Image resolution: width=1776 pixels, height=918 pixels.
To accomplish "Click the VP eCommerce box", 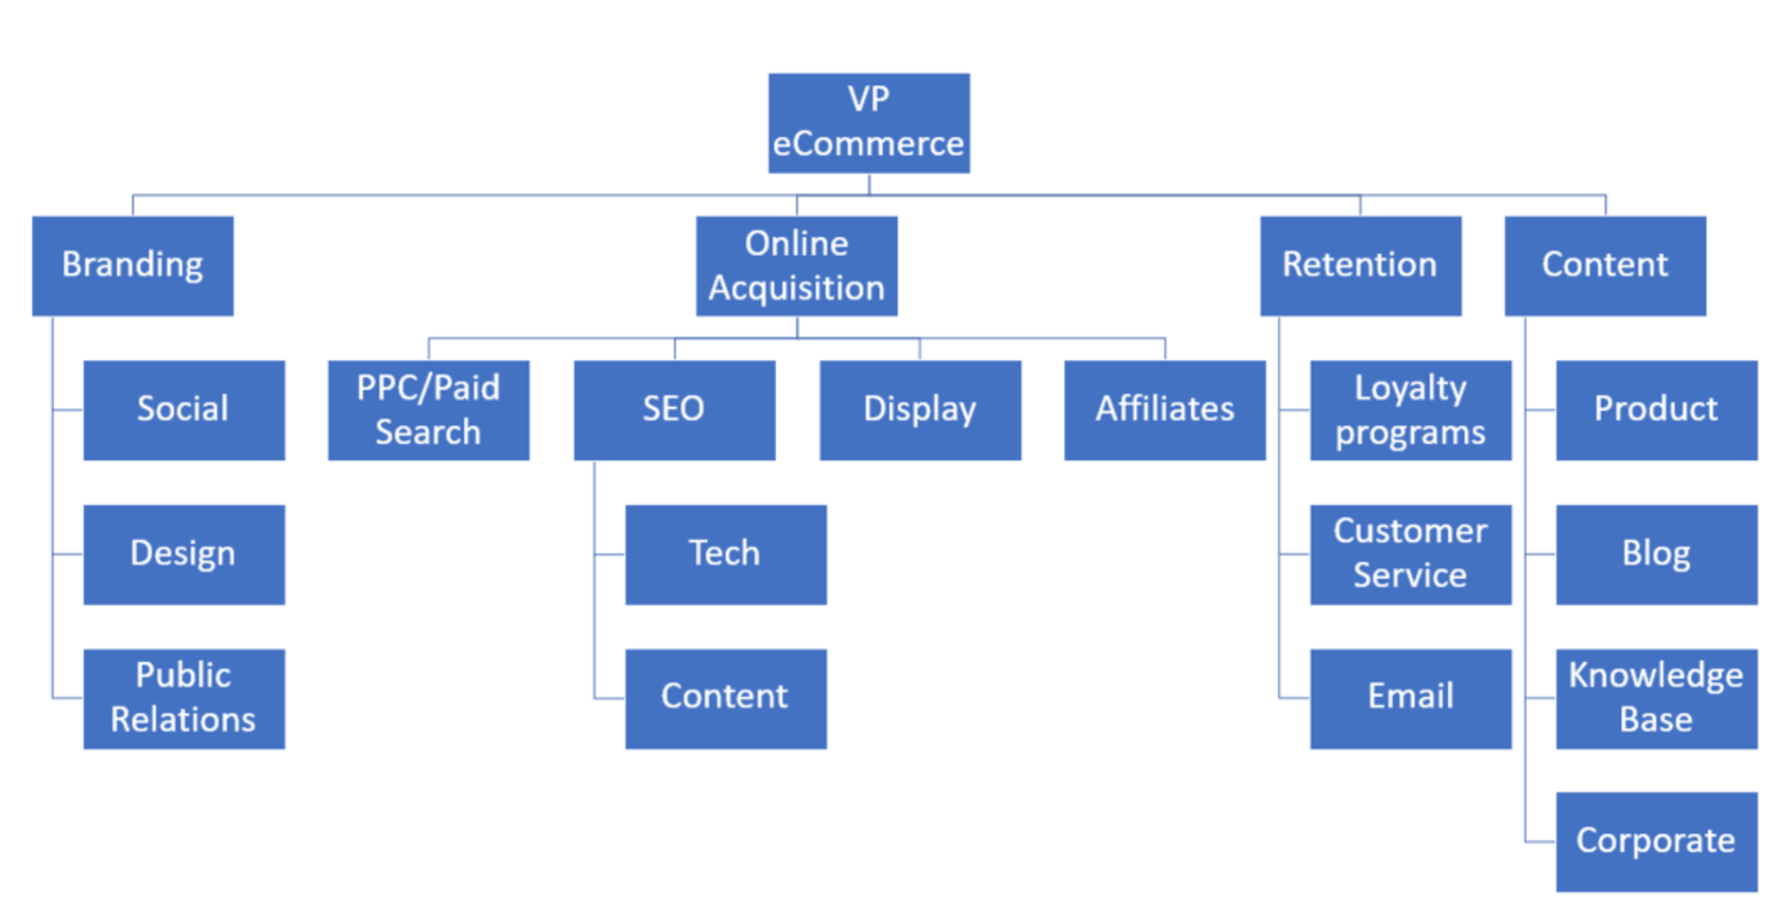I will click(869, 123).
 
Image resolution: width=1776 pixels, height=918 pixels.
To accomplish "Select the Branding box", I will click(132, 265).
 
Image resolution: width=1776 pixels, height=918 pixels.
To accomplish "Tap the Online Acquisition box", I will click(797, 265).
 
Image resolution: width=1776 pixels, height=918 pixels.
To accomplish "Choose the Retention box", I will click(1360, 265).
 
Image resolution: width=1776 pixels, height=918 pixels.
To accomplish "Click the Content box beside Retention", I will click(1605, 265).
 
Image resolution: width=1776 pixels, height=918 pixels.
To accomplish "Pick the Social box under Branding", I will click(183, 410).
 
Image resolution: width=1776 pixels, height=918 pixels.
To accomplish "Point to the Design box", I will click(183, 554).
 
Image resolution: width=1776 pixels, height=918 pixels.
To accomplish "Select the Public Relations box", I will click(183, 698).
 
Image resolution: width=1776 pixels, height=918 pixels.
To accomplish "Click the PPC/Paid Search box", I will click(428, 410).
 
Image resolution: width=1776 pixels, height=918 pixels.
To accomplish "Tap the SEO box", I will click(674, 410).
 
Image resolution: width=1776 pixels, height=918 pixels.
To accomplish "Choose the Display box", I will click(920, 410).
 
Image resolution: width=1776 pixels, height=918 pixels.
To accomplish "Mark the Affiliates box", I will click(1164, 410).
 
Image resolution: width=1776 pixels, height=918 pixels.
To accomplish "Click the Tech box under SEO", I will click(725, 554).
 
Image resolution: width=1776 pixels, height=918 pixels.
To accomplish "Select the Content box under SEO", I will click(725, 698).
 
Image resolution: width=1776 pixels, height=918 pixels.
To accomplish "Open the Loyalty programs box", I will click(1410, 410).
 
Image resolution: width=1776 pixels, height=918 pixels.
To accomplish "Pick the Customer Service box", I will click(1410, 554).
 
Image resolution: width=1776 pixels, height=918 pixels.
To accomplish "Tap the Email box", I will click(1410, 698).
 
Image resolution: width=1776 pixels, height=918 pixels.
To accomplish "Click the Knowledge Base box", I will click(1656, 698).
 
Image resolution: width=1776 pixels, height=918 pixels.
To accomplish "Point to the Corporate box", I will click(1656, 841).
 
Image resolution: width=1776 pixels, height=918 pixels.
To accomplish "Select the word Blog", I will click(1656, 553).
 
